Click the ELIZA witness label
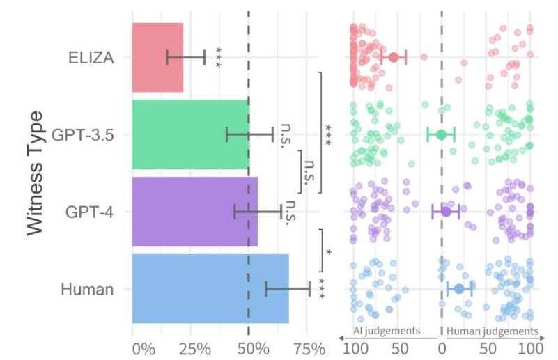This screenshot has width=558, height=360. point(91,58)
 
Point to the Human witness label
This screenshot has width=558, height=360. point(87,289)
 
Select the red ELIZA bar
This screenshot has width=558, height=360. point(157,58)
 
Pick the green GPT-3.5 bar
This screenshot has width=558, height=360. point(190,134)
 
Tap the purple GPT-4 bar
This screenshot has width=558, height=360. point(194,211)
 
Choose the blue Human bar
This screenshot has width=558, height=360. point(210,288)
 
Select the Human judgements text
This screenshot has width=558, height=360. point(492,331)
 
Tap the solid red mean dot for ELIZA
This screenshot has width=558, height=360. point(393,57)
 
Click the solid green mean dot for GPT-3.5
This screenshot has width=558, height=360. point(441,134)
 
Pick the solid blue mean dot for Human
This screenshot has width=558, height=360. point(459,289)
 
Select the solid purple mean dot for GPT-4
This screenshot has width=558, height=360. point(446,211)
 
